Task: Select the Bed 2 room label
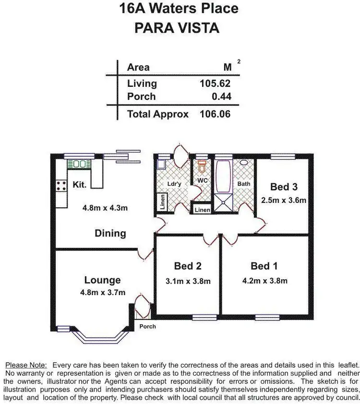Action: click(187, 266)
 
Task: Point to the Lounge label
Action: click(102, 280)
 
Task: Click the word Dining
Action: click(110, 234)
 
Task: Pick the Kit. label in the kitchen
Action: click(80, 184)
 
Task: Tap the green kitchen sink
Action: click(79, 164)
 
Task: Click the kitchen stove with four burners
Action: click(61, 186)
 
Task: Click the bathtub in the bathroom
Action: click(224, 175)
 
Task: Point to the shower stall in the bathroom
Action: click(223, 203)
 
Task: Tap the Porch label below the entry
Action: click(147, 327)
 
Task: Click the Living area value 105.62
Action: click(215, 83)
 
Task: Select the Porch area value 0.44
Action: click(221, 96)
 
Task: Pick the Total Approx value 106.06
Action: click(215, 114)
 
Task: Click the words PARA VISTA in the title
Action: click(178, 27)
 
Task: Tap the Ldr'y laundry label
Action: click(173, 184)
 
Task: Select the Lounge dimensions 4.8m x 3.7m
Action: click(102, 293)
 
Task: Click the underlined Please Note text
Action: click(25, 365)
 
